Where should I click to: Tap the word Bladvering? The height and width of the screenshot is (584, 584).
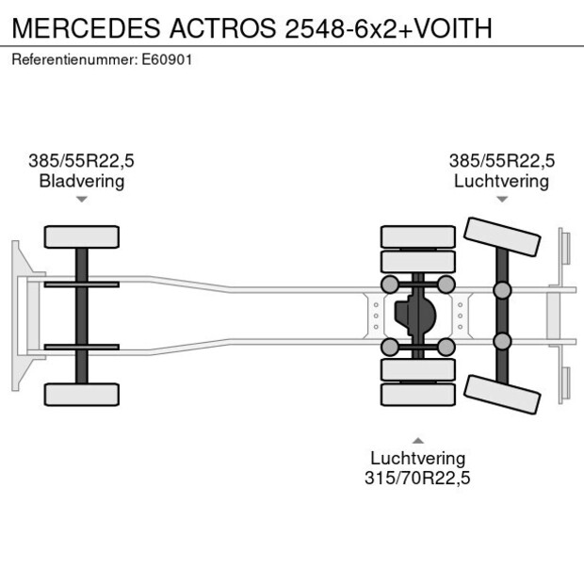coord(82,181)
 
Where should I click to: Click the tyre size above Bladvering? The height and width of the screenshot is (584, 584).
coord(82,161)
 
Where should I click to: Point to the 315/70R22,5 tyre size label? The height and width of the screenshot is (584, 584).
coord(417,478)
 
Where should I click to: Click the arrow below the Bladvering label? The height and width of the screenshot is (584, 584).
coord(82,200)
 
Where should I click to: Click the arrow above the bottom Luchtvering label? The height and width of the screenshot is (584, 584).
coord(417,440)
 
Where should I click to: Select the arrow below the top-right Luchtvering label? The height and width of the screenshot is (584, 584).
coord(502,199)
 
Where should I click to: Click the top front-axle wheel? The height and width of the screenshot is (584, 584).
coord(82,236)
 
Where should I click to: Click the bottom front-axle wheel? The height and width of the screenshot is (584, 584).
coord(82,394)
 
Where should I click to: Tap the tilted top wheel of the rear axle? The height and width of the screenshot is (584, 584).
coord(504,236)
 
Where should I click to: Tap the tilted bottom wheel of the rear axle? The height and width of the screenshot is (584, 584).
coord(504,394)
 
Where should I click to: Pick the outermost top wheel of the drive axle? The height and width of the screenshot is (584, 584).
coord(417,236)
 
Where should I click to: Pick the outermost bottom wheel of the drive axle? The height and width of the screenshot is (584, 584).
coord(417,395)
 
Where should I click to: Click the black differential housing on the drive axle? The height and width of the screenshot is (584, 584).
coord(415,316)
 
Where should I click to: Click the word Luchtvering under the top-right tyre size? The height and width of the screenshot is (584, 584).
coord(502,181)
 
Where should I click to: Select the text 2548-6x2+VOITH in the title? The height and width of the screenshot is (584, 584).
coord(387,28)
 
